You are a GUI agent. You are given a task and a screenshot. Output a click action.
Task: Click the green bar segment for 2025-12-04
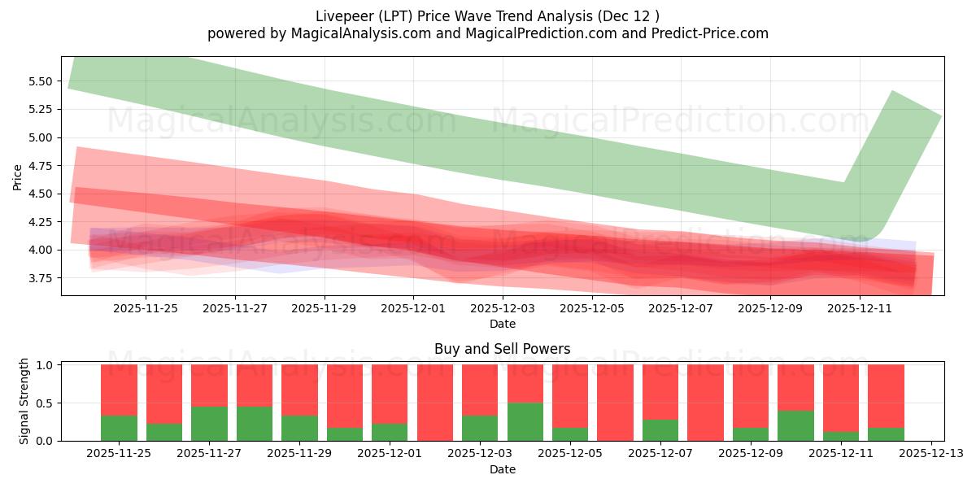tap(525, 421)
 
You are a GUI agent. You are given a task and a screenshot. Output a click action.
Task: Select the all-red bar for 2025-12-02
tap(435, 403)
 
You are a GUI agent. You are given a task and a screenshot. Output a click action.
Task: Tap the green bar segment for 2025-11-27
tap(209, 424)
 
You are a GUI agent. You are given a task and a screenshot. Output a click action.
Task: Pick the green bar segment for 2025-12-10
tap(795, 425)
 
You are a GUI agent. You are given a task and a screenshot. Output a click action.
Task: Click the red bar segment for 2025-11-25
tap(119, 390)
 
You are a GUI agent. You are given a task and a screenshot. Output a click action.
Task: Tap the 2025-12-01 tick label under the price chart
tap(413, 309)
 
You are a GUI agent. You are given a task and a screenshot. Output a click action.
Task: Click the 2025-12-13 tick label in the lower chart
tap(930, 454)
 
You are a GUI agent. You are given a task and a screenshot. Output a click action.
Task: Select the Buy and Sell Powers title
tap(502, 349)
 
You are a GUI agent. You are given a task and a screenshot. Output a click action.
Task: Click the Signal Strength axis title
tap(24, 401)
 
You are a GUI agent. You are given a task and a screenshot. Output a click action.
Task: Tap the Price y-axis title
tap(18, 176)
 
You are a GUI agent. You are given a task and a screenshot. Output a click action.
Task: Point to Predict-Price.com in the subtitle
tap(712, 33)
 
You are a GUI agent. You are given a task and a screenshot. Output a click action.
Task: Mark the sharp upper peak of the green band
tap(893, 91)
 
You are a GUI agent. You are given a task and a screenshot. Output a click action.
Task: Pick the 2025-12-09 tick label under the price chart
tap(770, 309)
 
